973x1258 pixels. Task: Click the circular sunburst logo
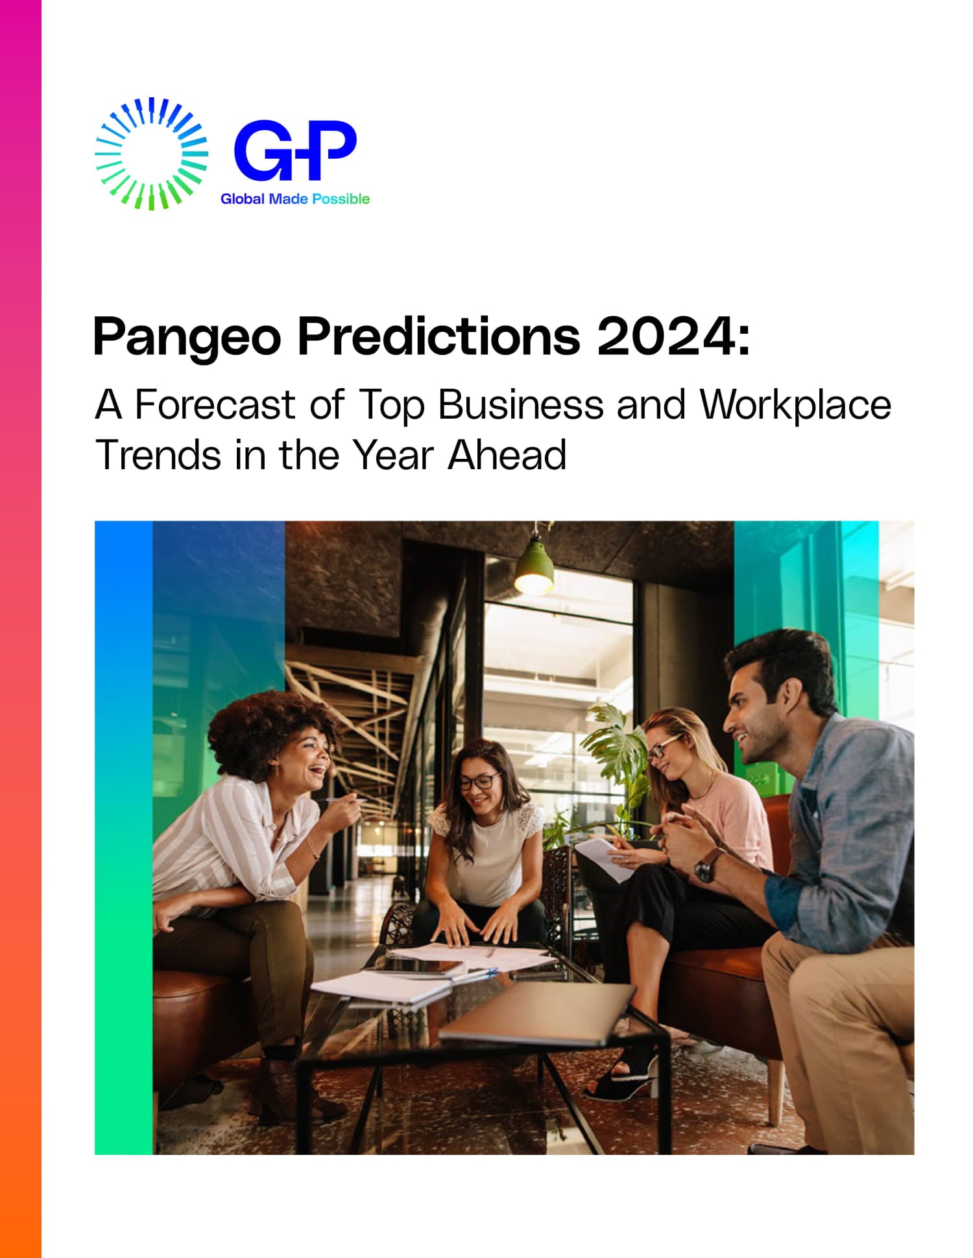point(151,154)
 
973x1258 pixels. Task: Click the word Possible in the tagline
point(341,199)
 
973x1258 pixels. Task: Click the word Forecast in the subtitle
point(215,404)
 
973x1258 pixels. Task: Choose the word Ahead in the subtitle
point(507,454)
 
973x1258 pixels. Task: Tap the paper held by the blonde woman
point(607,858)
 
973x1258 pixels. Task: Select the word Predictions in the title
point(438,336)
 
